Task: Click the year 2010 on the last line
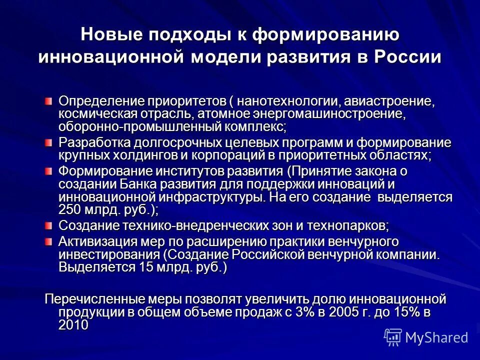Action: click(73, 324)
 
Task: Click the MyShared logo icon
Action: click(393, 337)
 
